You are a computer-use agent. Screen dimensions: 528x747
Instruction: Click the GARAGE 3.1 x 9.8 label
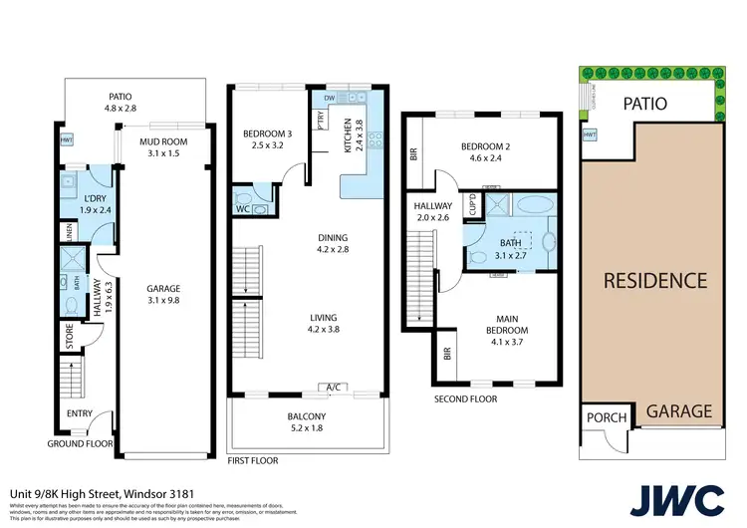pos(163,294)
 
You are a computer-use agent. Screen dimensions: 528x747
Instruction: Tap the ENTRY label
pos(80,412)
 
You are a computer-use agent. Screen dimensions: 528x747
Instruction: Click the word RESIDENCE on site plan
pos(655,280)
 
